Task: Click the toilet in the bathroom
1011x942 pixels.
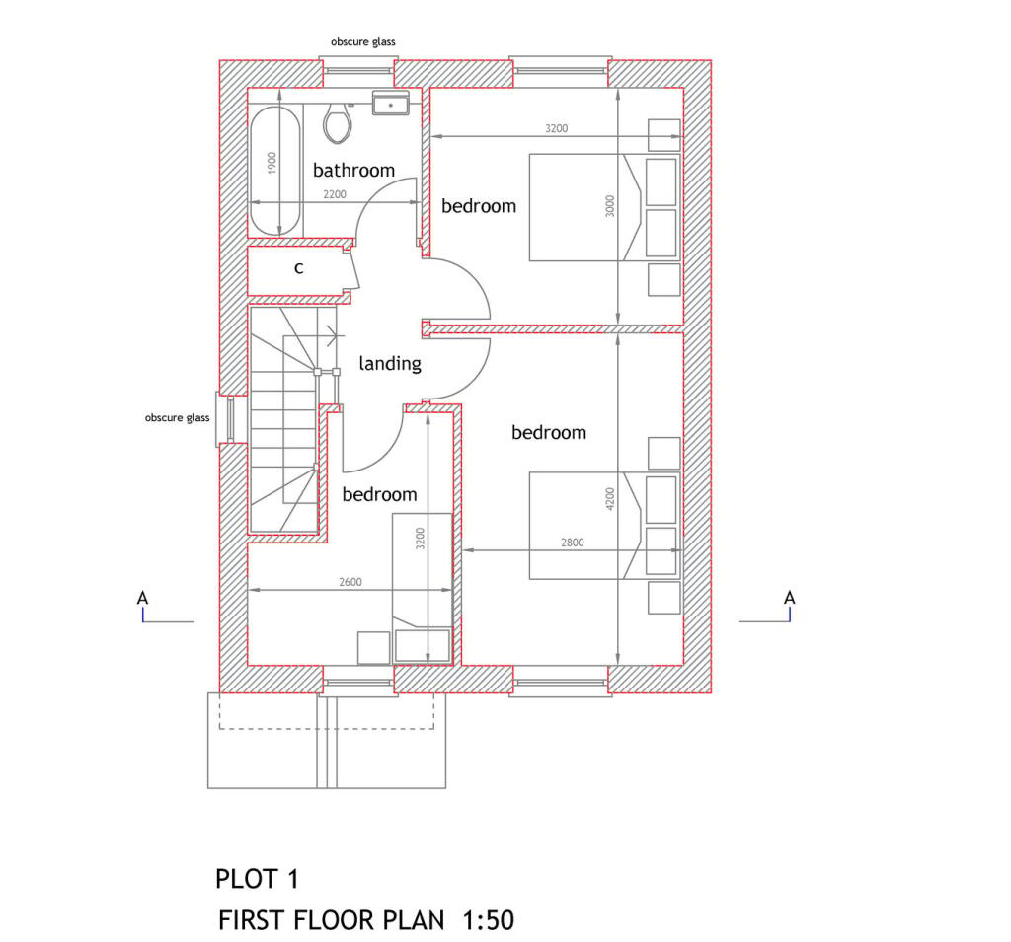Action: click(x=338, y=121)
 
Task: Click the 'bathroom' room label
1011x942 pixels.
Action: click(x=353, y=171)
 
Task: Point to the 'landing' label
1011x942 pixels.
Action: click(x=390, y=364)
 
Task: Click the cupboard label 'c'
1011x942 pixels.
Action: click(x=299, y=267)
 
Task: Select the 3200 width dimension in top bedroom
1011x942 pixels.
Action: click(x=556, y=129)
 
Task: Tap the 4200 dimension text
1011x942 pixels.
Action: click(x=610, y=498)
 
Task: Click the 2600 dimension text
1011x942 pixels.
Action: click(x=350, y=582)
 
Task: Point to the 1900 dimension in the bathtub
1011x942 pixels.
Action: click(x=272, y=163)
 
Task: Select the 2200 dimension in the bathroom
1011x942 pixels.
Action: click(x=335, y=195)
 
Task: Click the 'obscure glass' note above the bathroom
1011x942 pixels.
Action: click(x=363, y=42)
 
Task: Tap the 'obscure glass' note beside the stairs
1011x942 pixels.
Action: click(x=178, y=418)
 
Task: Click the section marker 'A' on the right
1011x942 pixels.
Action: click(x=789, y=598)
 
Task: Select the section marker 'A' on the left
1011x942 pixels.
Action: click(x=143, y=598)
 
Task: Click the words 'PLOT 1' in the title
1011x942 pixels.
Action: click(x=257, y=878)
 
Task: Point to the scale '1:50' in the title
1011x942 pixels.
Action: click(x=488, y=921)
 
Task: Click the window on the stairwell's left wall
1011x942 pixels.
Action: click(x=225, y=419)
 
